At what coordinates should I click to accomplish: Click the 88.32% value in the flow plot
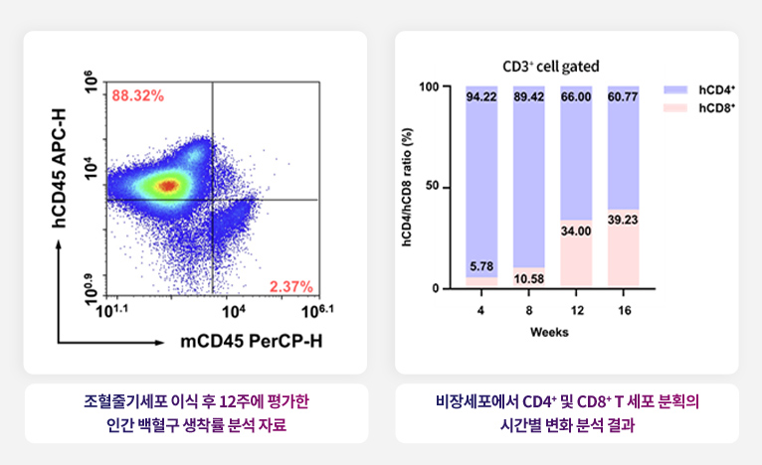138,95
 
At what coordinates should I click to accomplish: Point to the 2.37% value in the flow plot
291,286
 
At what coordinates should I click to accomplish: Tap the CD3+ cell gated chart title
551,67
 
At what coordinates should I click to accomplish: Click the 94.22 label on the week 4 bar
481,97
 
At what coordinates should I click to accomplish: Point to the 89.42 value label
528,97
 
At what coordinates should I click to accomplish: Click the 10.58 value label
528,278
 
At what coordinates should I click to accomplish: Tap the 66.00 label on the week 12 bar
576,97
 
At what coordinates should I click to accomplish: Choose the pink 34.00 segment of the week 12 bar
576,253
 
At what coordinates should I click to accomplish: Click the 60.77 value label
623,97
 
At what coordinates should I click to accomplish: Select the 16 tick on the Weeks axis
623,309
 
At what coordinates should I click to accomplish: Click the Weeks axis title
549,332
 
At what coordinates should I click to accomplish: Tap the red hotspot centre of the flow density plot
168,184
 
